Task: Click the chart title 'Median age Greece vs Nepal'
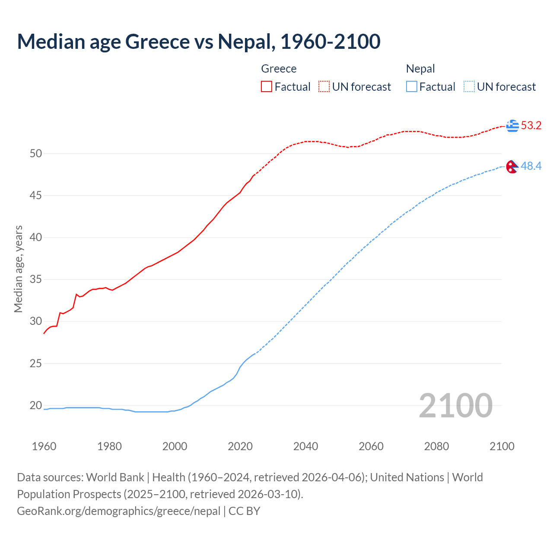199,41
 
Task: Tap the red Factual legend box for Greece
267,87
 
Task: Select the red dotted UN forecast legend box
324,87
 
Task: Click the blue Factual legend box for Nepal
412,87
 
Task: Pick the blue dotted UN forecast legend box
469,87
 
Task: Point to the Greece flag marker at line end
512,126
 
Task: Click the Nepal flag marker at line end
512,166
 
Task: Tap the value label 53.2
531,126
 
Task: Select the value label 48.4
531,166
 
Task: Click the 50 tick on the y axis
36,154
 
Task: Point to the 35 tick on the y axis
36,280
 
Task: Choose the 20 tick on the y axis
36,406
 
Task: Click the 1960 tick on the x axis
44,446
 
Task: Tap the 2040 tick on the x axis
305,446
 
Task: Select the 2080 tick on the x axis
436,446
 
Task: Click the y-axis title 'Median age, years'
19,269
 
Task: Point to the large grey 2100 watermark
456,405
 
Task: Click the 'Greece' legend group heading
279,69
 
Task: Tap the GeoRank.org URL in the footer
119,511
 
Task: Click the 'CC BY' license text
245,511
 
